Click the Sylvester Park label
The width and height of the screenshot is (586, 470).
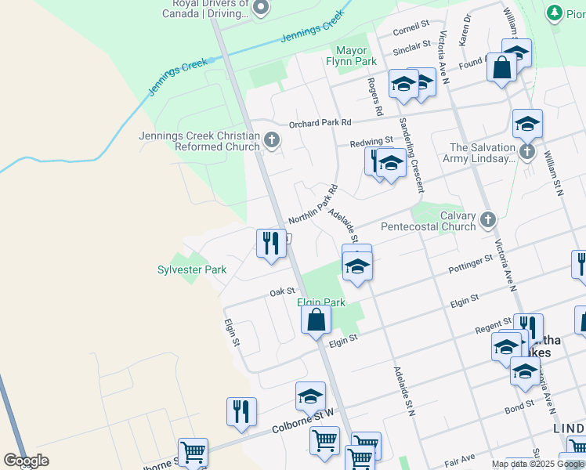click(x=192, y=270)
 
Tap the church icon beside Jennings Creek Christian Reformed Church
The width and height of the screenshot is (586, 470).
click(x=272, y=141)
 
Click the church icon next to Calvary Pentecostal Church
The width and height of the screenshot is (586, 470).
click(x=488, y=220)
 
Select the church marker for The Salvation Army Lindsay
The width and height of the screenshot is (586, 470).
click(x=527, y=151)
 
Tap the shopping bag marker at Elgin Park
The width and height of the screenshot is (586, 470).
click(x=316, y=320)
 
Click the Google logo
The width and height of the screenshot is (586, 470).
click(x=27, y=461)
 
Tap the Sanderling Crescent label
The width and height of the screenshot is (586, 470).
click(x=411, y=155)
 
